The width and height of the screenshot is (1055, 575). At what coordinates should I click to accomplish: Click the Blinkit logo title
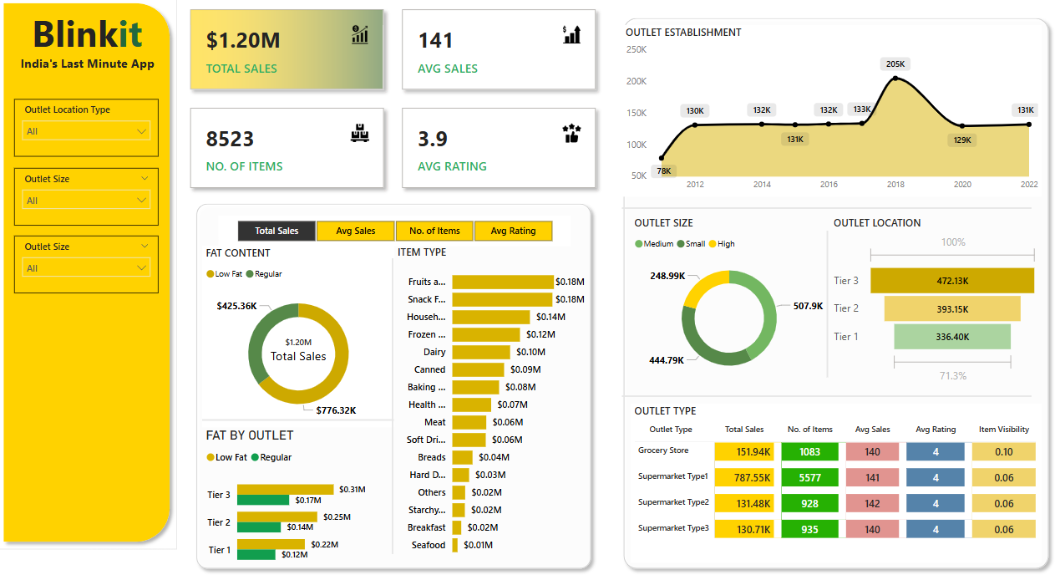(x=87, y=35)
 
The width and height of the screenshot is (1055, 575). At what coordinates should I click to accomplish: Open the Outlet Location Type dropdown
(x=86, y=131)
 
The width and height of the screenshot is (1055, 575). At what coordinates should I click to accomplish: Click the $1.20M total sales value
(x=243, y=40)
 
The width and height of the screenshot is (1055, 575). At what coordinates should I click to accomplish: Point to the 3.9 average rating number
(x=433, y=139)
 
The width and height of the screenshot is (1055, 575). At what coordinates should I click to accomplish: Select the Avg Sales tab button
(x=355, y=231)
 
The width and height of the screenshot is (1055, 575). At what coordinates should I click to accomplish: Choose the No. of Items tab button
(x=434, y=231)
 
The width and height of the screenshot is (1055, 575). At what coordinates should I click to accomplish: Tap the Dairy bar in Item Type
(x=480, y=353)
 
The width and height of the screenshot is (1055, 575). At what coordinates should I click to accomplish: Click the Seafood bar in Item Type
(x=455, y=545)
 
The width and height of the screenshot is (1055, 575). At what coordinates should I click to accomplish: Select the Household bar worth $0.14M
(x=490, y=318)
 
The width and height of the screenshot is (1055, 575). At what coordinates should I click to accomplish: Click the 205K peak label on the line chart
(x=895, y=64)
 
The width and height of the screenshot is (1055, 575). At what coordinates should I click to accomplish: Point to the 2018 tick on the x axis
(x=895, y=185)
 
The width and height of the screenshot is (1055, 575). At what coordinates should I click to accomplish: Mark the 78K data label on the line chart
(x=664, y=170)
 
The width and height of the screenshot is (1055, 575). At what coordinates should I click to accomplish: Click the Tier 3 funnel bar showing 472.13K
(x=951, y=281)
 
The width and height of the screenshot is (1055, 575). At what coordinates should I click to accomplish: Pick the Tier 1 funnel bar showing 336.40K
(x=951, y=337)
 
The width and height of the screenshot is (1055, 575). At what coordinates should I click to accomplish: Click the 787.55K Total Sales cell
(x=747, y=478)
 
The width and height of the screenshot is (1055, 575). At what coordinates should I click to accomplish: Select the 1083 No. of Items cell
(x=809, y=452)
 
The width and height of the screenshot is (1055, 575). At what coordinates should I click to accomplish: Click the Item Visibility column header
(x=1003, y=430)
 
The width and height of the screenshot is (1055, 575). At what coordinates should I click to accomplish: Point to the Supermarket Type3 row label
(x=673, y=528)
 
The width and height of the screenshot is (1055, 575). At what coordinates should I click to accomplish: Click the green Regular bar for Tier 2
(x=259, y=527)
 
